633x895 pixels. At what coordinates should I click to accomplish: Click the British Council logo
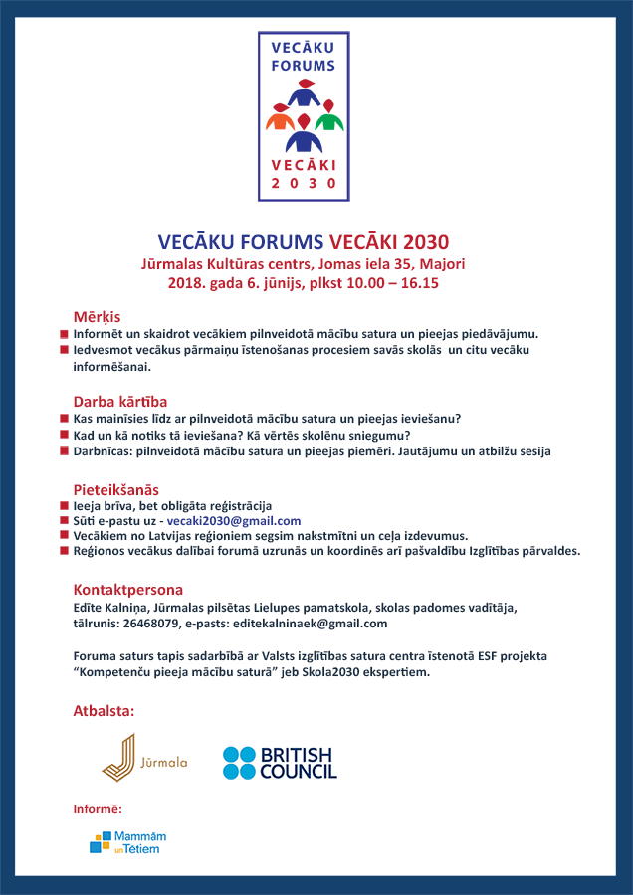280,762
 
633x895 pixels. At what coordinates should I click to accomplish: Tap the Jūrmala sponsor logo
144,758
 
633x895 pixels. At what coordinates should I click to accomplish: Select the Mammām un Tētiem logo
127,842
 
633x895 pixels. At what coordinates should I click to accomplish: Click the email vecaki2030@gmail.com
234,521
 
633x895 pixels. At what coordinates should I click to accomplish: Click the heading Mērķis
97,316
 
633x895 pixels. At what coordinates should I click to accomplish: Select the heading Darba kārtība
120,402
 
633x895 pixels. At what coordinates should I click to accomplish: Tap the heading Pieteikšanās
116,489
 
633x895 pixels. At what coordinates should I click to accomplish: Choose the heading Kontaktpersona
128,589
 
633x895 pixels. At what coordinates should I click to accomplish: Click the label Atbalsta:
104,712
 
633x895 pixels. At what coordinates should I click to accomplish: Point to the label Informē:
98,809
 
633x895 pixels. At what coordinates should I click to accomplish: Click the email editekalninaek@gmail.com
321,624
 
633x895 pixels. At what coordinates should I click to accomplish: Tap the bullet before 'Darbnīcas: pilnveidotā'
64,451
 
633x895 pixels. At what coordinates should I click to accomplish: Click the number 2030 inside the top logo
304,181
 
